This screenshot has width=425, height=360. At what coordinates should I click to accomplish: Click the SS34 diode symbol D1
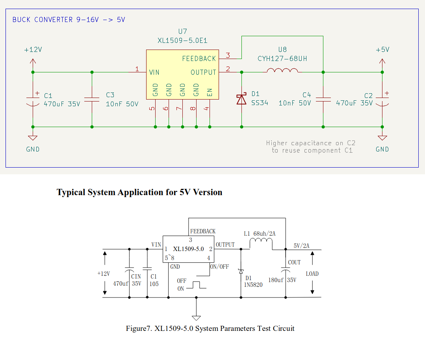tap(241, 99)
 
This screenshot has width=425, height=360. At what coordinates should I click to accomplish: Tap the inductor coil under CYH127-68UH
tap(282, 70)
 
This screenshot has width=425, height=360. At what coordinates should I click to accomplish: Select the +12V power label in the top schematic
tap(33, 50)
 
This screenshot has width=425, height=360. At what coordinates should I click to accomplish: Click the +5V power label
tap(382, 50)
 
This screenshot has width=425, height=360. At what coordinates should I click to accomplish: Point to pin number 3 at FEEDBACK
tap(228, 55)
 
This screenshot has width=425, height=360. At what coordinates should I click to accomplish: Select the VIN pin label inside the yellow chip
tap(154, 72)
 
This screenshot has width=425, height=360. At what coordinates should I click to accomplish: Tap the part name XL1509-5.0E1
tap(182, 40)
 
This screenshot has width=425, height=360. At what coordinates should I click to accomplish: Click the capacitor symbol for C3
tap(92, 99)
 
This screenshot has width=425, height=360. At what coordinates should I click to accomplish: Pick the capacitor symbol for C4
tap(323, 99)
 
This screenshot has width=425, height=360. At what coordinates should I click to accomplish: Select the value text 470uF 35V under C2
tap(354, 103)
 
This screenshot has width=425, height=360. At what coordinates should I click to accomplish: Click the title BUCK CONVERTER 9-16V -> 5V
tap(69, 19)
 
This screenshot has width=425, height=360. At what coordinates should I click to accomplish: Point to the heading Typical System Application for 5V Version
tap(139, 192)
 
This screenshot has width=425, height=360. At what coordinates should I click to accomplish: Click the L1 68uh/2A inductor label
tap(260, 234)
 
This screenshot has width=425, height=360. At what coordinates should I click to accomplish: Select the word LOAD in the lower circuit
tap(312, 273)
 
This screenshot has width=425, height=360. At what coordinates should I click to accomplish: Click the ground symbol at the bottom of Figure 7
tap(196, 317)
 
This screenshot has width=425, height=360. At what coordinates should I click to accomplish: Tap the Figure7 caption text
tap(210, 329)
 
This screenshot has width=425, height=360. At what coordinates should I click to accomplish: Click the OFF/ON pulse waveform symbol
tap(197, 284)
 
